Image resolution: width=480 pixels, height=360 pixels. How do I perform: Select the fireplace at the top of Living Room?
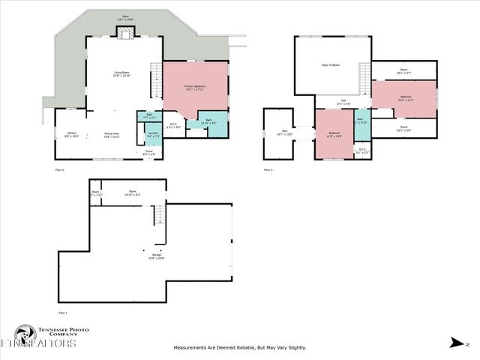pos(123,31)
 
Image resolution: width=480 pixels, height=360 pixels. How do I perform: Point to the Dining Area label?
pos(112,135)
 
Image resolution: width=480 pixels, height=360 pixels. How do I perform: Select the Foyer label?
pos(150,153)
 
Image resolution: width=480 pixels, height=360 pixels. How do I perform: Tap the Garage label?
pos(156,256)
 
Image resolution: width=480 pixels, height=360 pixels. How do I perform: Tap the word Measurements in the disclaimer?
pos(192,347)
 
